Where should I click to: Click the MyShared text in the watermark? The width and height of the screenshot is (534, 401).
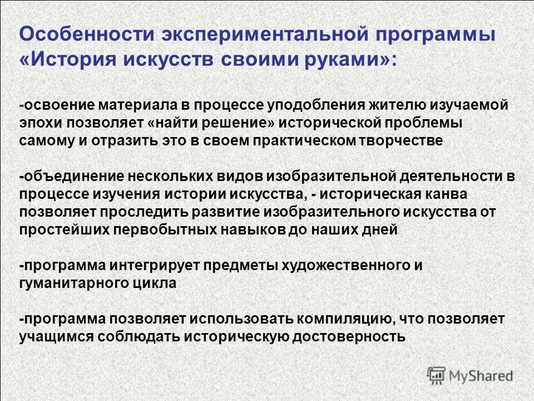[x=482, y=375]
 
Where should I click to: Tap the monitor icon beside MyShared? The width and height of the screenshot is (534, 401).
[x=437, y=375]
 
